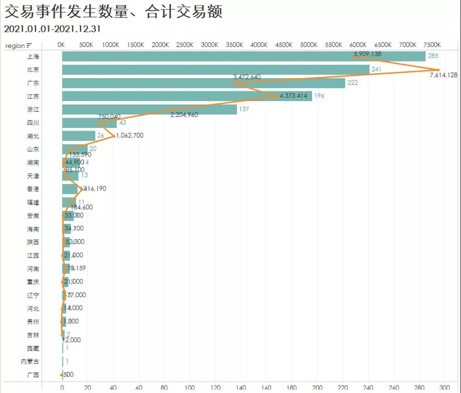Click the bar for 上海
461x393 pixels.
(x=243, y=57)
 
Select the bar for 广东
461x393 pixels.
(x=204, y=83)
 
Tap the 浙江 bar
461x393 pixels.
(x=150, y=109)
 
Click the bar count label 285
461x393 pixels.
(x=433, y=56)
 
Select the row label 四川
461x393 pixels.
(x=33, y=123)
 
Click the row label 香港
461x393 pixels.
(x=33, y=189)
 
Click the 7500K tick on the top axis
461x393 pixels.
(x=432, y=45)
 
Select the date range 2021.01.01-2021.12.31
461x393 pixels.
(x=52, y=29)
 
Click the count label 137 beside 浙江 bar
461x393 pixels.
(x=244, y=109)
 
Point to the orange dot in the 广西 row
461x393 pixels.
(x=61, y=375)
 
